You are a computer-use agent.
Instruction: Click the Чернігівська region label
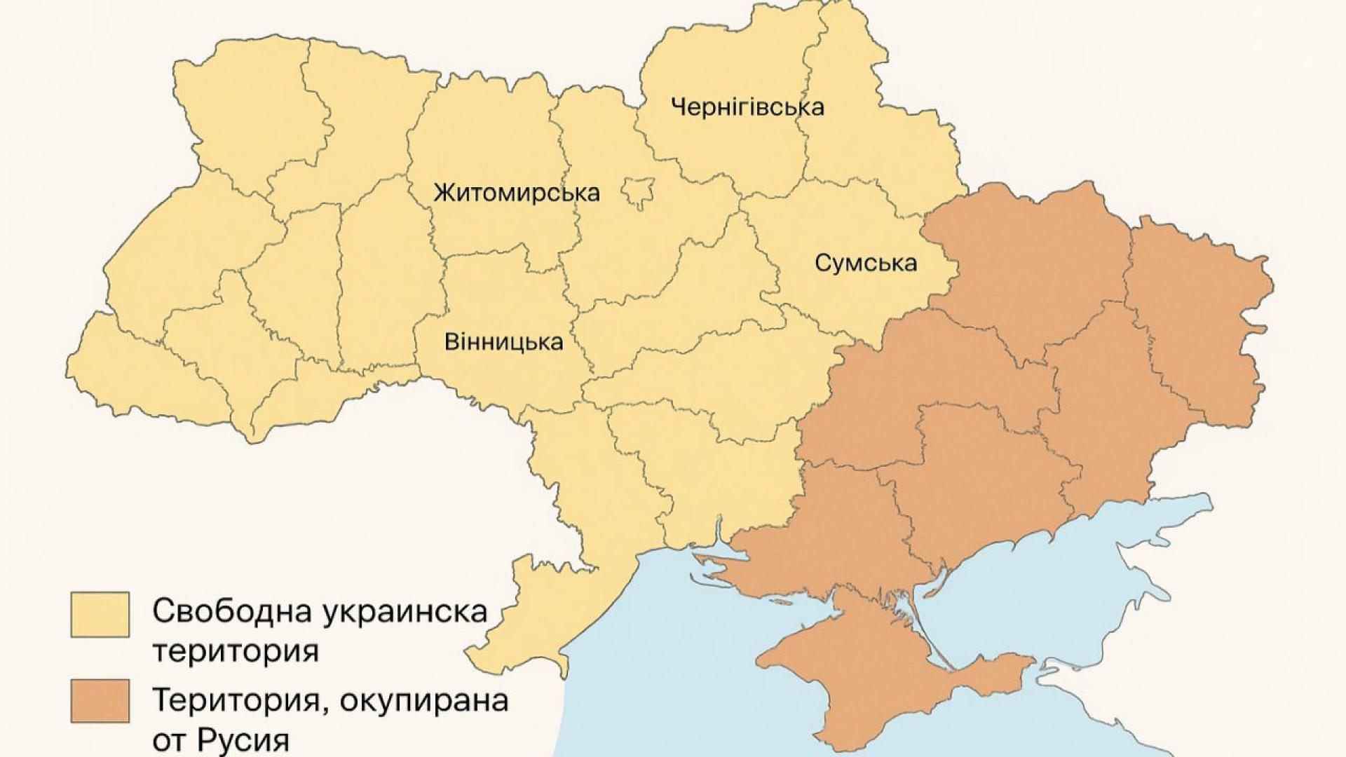(747, 107)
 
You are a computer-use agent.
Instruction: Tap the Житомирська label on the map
(517, 192)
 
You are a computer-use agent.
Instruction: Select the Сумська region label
(866, 263)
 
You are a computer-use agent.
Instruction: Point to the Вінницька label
(503, 342)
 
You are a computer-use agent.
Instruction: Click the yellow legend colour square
(100, 614)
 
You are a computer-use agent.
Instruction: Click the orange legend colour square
(100, 700)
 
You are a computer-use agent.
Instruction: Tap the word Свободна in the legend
(232, 611)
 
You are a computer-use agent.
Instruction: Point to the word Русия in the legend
(239, 741)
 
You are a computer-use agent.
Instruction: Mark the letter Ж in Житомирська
(443, 192)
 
